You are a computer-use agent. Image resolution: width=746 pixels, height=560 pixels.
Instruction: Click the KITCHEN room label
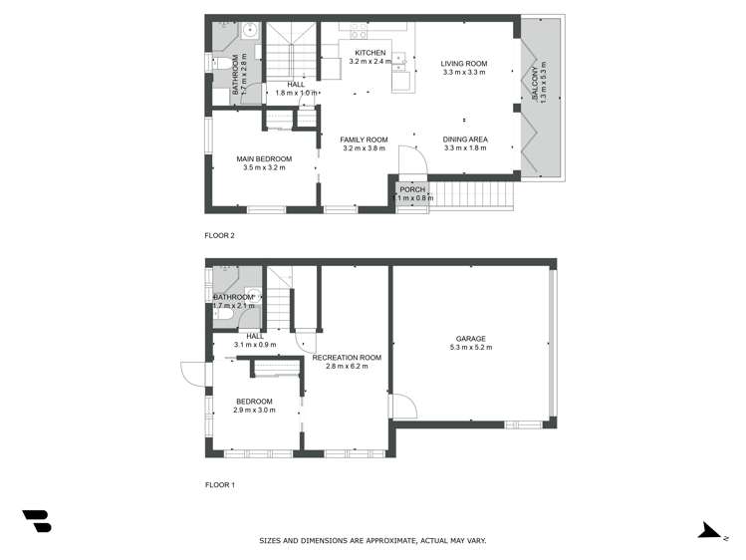368,53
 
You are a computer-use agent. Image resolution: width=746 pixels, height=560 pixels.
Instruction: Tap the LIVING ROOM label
464,63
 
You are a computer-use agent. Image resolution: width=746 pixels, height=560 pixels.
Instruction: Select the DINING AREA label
464,140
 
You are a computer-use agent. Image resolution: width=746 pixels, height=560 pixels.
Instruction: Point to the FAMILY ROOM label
364,140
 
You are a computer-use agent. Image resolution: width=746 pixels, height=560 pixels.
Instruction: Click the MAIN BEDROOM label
264,158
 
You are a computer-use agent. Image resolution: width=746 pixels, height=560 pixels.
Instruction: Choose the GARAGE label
471,339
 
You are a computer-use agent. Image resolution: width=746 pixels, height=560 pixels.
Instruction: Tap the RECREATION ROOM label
347,358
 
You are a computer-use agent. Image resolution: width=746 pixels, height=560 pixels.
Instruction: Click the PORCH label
412,189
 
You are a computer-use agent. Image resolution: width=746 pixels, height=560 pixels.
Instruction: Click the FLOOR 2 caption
219,235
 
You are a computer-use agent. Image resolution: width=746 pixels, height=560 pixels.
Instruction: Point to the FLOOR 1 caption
219,485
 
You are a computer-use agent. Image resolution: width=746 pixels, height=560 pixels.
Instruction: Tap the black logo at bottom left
37,520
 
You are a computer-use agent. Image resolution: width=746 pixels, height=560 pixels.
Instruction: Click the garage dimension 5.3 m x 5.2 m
471,348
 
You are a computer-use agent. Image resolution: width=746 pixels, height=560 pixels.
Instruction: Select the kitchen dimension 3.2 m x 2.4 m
368,62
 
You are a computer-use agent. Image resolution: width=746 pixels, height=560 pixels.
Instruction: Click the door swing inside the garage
402,406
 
